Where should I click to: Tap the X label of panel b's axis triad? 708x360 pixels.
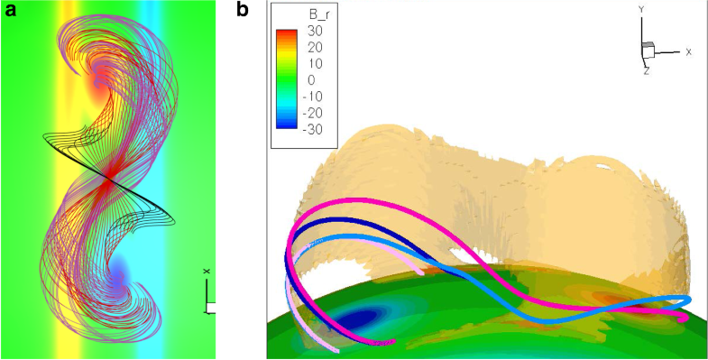(x=688, y=52)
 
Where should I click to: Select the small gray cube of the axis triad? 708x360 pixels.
(x=647, y=48)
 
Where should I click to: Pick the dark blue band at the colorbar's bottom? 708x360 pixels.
(x=287, y=127)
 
